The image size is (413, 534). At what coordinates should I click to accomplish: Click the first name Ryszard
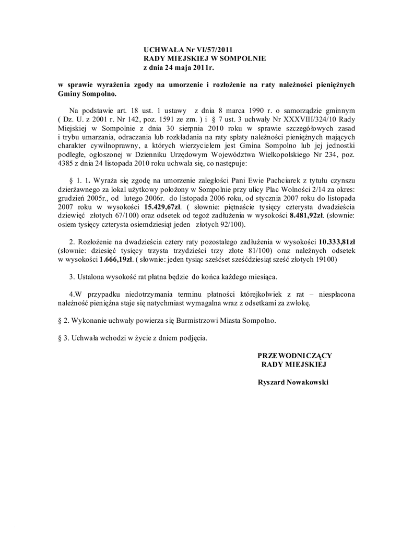pyautogui.click(x=271, y=382)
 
